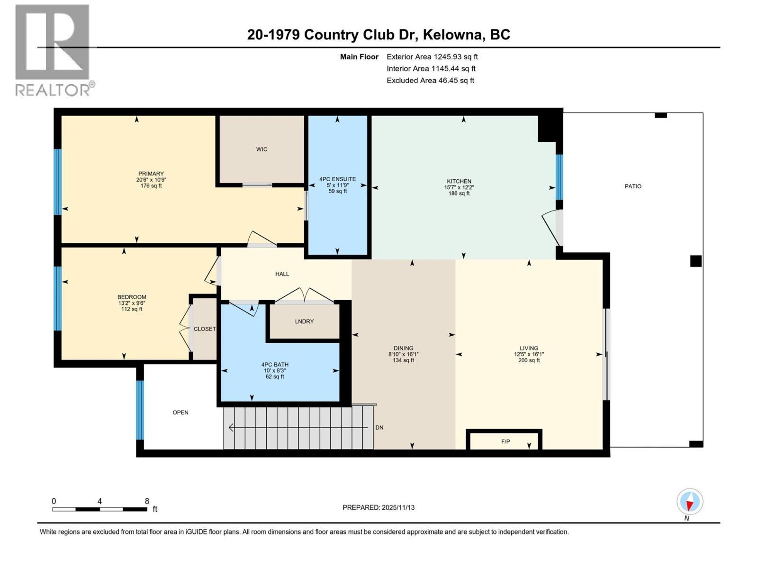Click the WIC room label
click(x=262, y=149)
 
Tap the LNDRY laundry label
click(x=304, y=321)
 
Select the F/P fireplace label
click(x=505, y=441)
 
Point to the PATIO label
click(x=633, y=186)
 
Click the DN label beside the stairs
click(x=379, y=428)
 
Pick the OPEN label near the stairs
click(x=180, y=413)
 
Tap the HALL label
click(x=282, y=274)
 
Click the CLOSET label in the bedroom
click(x=205, y=329)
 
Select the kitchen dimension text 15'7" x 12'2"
click(x=459, y=187)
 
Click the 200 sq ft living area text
click(x=529, y=360)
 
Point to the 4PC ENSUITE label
click(x=337, y=179)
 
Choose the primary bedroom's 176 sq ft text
click(x=151, y=186)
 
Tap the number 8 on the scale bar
click(x=147, y=501)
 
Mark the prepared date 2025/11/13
click(x=397, y=507)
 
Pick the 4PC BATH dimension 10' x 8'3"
click(x=275, y=371)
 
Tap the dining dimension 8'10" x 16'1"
click(x=403, y=354)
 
